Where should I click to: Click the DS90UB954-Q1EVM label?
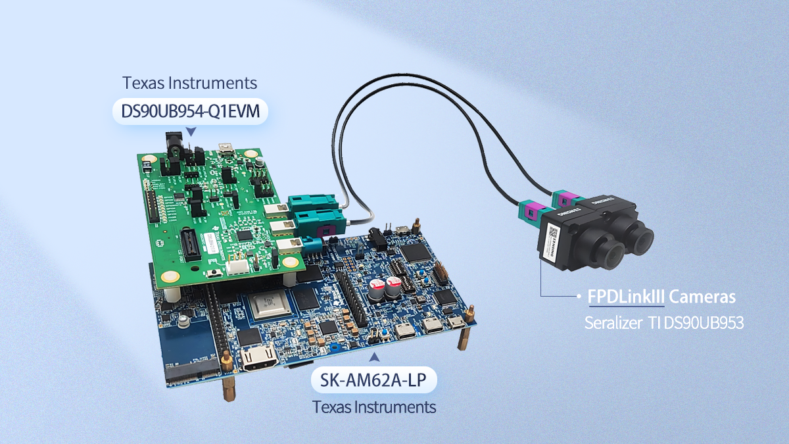(190, 111)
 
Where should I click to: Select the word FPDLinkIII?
(625, 297)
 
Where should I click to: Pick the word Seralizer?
(608, 324)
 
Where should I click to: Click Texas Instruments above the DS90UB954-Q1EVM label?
(189, 84)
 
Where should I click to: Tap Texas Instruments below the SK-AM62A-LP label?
(373, 407)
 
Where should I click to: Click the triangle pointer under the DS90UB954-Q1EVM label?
(191, 132)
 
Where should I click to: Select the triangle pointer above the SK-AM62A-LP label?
(374, 358)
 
